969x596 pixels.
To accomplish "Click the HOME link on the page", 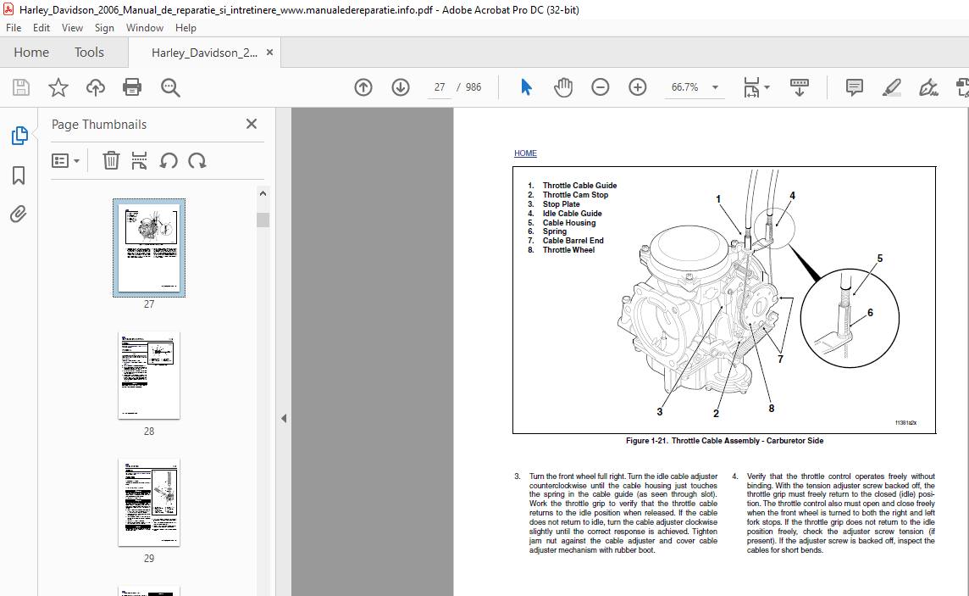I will (525, 153).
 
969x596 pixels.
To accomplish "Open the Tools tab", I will (89, 53).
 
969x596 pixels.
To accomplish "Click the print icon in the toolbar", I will (132, 87).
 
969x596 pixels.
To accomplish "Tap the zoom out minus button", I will (601, 87).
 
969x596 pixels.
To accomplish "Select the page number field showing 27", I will (440, 87).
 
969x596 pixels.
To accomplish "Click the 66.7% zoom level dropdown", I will (694, 87).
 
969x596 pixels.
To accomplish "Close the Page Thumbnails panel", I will (252, 124).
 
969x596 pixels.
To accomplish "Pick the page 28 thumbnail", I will (149, 375).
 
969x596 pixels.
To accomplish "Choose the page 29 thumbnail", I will (149, 502).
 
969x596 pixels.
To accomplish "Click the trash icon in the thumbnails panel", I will (111, 160).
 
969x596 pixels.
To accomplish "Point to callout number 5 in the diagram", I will (879, 259).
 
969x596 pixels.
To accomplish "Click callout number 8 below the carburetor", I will (772, 409).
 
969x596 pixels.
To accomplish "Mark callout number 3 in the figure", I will (660, 413).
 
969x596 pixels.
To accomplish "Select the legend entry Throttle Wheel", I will (568, 250).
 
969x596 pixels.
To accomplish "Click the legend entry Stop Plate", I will (561, 204).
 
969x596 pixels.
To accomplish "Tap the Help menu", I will (185, 28).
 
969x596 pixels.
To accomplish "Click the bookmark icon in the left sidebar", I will (19, 175).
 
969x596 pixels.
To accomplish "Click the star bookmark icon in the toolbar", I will (58, 87).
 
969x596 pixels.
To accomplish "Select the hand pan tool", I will (563, 87).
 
